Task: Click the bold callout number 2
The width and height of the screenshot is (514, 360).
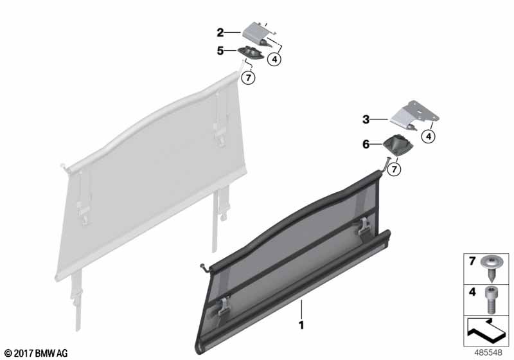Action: pos(220,33)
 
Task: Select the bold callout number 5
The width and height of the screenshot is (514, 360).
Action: pos(220,51)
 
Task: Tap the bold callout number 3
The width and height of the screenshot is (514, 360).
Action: pos(366,120)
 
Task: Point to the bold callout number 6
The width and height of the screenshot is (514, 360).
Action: pos(366,144)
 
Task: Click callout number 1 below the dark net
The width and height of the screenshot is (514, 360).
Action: pos(301,325)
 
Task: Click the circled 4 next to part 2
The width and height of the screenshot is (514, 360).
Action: pos(274,59)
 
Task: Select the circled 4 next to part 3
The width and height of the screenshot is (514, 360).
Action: pos(429,136)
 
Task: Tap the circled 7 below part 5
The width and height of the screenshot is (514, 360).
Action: pos(248,78)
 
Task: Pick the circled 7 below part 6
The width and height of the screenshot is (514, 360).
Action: pos(394,169)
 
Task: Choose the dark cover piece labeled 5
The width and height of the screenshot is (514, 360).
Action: pos(250,53)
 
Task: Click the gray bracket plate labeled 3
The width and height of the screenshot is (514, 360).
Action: pos(414,116)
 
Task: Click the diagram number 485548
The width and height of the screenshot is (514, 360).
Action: pos(488,352)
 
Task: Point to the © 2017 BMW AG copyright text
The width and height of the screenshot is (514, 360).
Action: pos(36,353)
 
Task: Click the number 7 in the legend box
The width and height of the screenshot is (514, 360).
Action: pos(472,261)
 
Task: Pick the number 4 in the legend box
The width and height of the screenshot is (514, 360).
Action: pos(472,291)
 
